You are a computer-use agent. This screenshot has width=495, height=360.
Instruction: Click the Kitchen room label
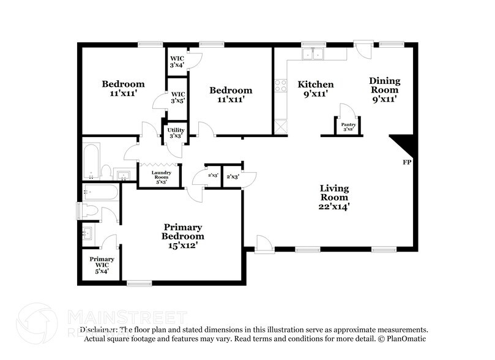(316, 84)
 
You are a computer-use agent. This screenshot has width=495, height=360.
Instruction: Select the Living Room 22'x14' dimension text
(334, 207)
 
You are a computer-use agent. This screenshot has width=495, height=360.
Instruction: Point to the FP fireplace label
(406, 163)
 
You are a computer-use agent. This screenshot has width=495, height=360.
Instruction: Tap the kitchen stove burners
(281, 86)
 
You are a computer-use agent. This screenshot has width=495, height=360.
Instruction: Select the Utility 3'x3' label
(176, 133)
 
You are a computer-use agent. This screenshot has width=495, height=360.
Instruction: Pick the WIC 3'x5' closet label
(177, 97)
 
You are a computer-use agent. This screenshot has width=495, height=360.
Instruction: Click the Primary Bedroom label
(183, 231)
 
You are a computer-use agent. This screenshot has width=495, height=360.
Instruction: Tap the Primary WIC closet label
(102, 262)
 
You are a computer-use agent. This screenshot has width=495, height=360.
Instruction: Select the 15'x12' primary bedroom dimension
(183, 245)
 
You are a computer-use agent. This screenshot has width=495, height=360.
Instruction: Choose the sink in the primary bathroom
(87, 233)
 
